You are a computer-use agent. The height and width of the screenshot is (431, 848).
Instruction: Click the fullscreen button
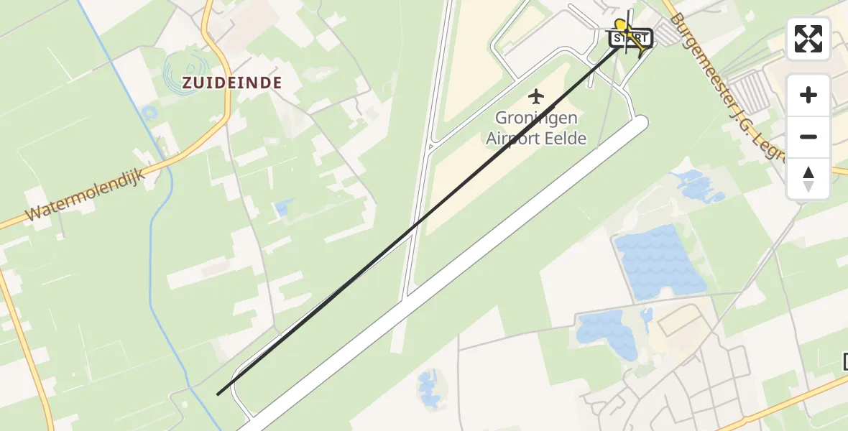[808, 39]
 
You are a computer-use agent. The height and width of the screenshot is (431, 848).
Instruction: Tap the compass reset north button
[808, 179]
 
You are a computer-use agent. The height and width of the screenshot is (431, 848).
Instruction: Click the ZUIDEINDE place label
[231, 83]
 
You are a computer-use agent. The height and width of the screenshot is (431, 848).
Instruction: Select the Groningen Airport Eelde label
[536, 128]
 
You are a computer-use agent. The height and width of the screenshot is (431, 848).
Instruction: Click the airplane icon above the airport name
[536, 96]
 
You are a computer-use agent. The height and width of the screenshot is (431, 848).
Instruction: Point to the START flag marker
[630, 38]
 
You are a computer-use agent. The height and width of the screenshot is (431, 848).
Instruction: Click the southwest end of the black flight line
[218, 394]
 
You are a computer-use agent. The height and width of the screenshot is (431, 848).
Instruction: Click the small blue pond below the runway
[429, 388]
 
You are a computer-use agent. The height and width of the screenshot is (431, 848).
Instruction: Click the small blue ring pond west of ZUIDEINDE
[149, 113]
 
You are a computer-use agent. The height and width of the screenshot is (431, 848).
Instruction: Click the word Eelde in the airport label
[566, 139]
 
